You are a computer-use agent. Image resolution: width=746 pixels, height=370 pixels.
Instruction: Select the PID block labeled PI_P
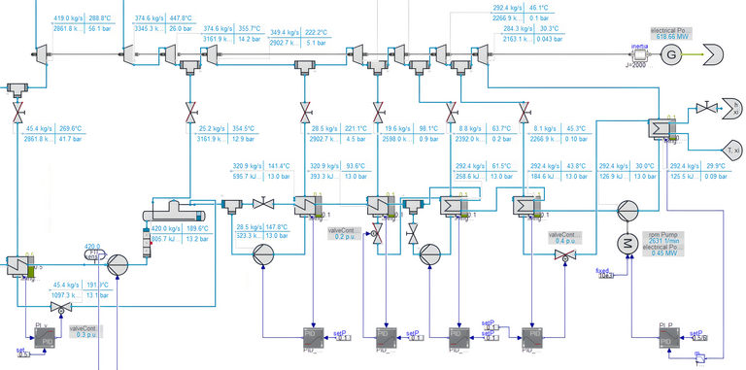667,338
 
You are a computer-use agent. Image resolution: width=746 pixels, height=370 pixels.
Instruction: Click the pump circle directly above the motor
625,207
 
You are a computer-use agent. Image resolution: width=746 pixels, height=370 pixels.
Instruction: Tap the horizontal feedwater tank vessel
173,208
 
